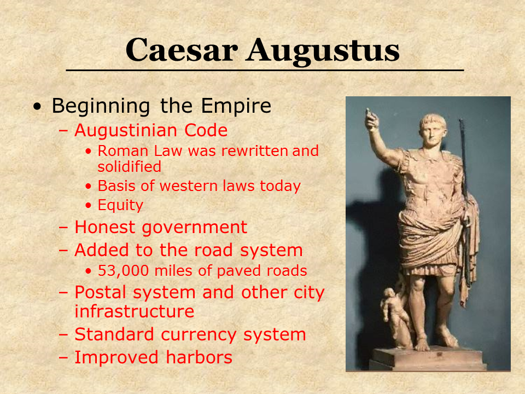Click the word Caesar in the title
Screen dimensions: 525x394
tap(182, 50)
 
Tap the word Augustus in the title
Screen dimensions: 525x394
tap(323, 51)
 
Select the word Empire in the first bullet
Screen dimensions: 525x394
tap(236, 106)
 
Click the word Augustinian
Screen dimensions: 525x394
tap(126, 130)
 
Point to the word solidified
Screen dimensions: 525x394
tap(129, 166)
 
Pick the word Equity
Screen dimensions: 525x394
tap(120, 205)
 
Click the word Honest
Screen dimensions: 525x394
tap(105, 227)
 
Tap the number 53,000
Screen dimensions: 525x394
tap(123, 271)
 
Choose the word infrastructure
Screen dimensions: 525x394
tap(135, 311)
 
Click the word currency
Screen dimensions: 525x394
tap(199, 335)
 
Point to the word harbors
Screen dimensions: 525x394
tap(199, 357)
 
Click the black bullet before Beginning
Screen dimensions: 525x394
tap(38, 107)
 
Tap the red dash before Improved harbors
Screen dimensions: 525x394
tap(63, 357)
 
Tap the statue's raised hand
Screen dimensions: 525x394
tap(371, 120)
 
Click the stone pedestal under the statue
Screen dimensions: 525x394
tap(429, 358)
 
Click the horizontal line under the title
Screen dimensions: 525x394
tap(265, 71)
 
